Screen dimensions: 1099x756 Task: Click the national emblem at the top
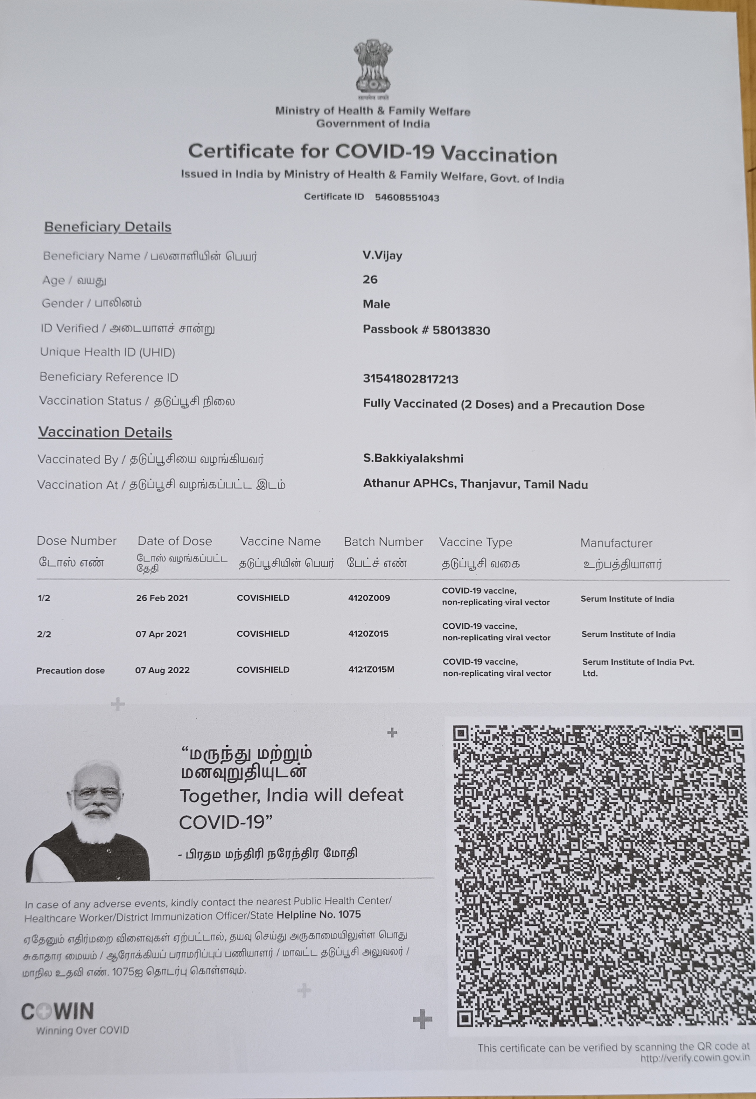click(373, 67)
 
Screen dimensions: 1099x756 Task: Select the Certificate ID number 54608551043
click(407, 198)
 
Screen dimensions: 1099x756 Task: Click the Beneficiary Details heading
click(108, 227)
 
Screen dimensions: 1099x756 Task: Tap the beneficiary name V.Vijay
click(382, 256)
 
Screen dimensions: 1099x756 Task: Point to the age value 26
click(370, 280)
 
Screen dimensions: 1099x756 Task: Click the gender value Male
click(376, 304)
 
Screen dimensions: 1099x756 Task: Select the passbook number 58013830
click(461, 330)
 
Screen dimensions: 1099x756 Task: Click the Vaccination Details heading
click(105, 432)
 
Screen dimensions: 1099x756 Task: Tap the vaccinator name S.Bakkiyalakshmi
click(413, 459)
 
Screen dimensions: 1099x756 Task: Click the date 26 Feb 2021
click(162, 598)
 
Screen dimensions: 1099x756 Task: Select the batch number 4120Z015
click(368, 634)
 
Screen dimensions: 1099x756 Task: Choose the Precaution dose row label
click(71, 671)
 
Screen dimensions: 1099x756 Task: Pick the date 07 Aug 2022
click(162, 670)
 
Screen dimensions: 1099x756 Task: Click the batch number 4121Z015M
click(371, 670)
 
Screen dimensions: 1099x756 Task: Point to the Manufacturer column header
click(616, 543)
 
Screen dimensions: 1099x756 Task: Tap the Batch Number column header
click(383, 542)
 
